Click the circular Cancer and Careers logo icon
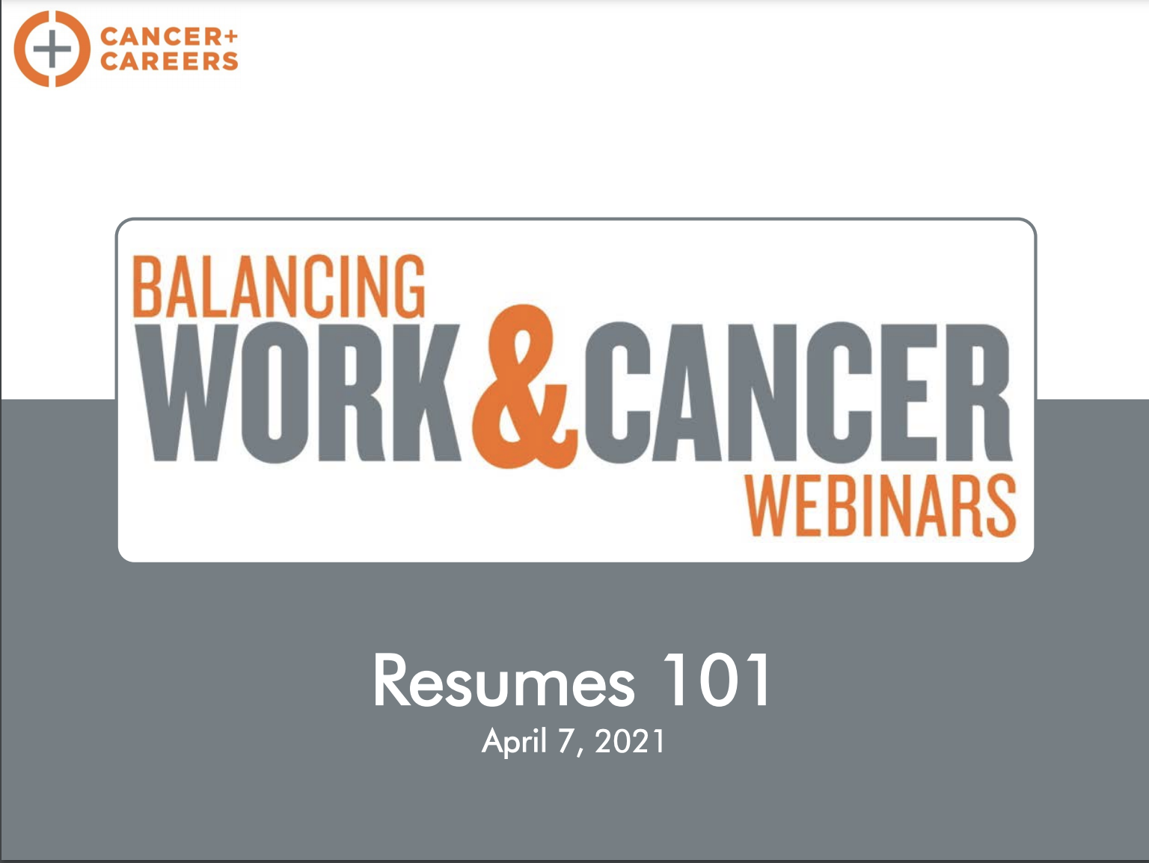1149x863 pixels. [52, 49]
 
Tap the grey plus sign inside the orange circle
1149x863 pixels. [52, 49]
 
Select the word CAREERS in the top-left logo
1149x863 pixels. [169, 61]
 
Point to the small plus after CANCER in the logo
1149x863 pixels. [233, 36]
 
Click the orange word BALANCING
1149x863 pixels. [279, 286]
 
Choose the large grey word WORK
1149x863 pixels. [298, 393]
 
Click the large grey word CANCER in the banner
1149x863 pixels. [798, 393]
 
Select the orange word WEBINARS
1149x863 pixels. [881, 506]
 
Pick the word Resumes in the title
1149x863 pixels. [504, 681]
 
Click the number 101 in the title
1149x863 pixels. [717, 680]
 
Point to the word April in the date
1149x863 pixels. [515, 742]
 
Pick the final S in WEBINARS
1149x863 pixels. [1000, 506]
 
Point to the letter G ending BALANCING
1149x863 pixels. [409, 286]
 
